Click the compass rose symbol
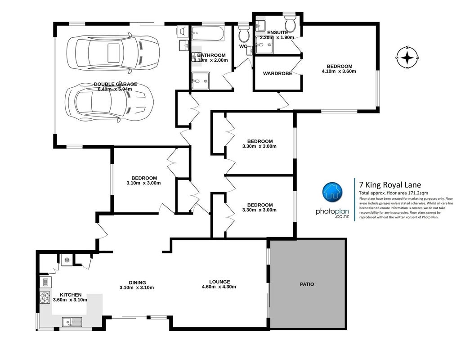coord(407,57)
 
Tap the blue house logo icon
coord(332,192)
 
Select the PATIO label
coord(307,284)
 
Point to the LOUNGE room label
coord(219,282)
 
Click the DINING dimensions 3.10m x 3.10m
coord(137,288)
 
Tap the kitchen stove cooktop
coord(45,297)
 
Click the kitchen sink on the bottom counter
coord(72,322)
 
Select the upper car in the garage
coord(113,53)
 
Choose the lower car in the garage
coord(109,102)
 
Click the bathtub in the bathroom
coord(208,34)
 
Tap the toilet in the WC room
coord(244,34)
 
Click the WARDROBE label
coord(278,73)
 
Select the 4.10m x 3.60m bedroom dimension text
coord(339,72)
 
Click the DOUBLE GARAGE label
coord(116,84)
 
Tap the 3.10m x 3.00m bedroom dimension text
coord(143,183)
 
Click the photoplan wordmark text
coord(332,211)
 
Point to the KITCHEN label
coord(71,295)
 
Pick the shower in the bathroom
coord(201,81)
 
